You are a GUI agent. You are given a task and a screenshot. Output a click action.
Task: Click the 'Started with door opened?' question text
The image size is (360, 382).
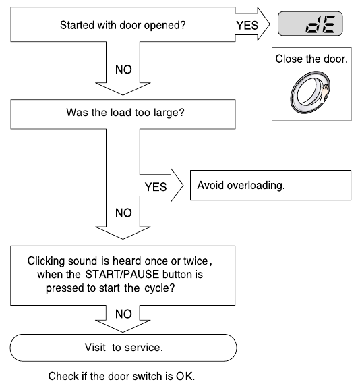pos(123,26)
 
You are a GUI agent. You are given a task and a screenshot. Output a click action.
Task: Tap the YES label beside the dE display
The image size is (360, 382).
pos(247,26)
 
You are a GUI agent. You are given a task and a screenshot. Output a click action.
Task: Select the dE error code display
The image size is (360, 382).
pos(310,24)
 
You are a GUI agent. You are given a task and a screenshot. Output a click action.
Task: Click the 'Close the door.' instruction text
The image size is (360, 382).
pos(311,59)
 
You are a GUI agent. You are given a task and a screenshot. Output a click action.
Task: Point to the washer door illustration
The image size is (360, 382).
pos(310,92)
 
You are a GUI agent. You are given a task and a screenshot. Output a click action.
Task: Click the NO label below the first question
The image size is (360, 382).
pos(123,70)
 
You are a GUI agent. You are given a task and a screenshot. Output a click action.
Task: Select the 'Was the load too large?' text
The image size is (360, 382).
pos(125,113)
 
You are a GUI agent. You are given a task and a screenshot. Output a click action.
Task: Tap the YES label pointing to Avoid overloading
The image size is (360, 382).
pos(156,187)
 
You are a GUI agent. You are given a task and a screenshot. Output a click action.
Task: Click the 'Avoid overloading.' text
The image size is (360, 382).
pos(241,186)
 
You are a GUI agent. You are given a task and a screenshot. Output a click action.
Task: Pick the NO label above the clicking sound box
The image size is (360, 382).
pos(123,213)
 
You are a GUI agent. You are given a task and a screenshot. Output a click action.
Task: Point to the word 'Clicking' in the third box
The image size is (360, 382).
pos(46,261)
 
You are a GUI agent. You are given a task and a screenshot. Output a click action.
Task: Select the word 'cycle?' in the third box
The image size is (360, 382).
pos(160,288)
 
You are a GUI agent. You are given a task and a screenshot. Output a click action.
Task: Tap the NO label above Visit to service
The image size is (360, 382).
pos(123,314)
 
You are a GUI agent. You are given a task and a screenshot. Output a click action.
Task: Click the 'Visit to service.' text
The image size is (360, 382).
pos(123,348)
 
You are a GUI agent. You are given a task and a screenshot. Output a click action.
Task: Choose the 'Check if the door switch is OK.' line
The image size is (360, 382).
pos(121,376)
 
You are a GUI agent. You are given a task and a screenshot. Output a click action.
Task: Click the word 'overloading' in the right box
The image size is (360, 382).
pos(256,186)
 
